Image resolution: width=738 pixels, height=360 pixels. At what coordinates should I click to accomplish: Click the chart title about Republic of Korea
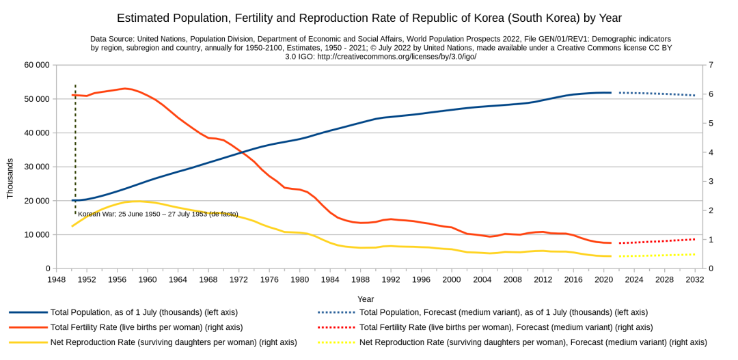pos(369,18)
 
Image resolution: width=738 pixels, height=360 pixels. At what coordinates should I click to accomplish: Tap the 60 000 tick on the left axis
pos(37,65)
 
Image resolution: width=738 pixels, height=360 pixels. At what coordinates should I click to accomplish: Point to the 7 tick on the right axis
pos(711,65)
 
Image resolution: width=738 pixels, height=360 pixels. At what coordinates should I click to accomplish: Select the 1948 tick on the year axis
pos(57,279)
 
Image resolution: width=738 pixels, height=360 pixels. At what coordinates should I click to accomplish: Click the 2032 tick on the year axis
pos(695,279)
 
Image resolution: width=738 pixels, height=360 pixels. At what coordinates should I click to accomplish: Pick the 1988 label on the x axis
pos(361,279)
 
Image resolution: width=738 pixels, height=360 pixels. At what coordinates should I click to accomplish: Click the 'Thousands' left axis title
pos(10,178)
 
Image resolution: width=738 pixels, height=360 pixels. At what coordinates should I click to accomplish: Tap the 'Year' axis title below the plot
pos(366,299)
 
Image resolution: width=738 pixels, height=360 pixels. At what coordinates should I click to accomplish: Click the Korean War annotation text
pos(159,214)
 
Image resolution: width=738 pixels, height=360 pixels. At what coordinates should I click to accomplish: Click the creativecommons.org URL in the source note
pos(397,57)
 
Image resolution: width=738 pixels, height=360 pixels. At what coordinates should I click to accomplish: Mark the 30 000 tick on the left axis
pos(37,167)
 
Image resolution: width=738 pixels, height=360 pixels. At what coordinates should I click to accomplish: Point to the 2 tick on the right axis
pos(711,210)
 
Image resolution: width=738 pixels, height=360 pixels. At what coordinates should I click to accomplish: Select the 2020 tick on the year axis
pos(603,279)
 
